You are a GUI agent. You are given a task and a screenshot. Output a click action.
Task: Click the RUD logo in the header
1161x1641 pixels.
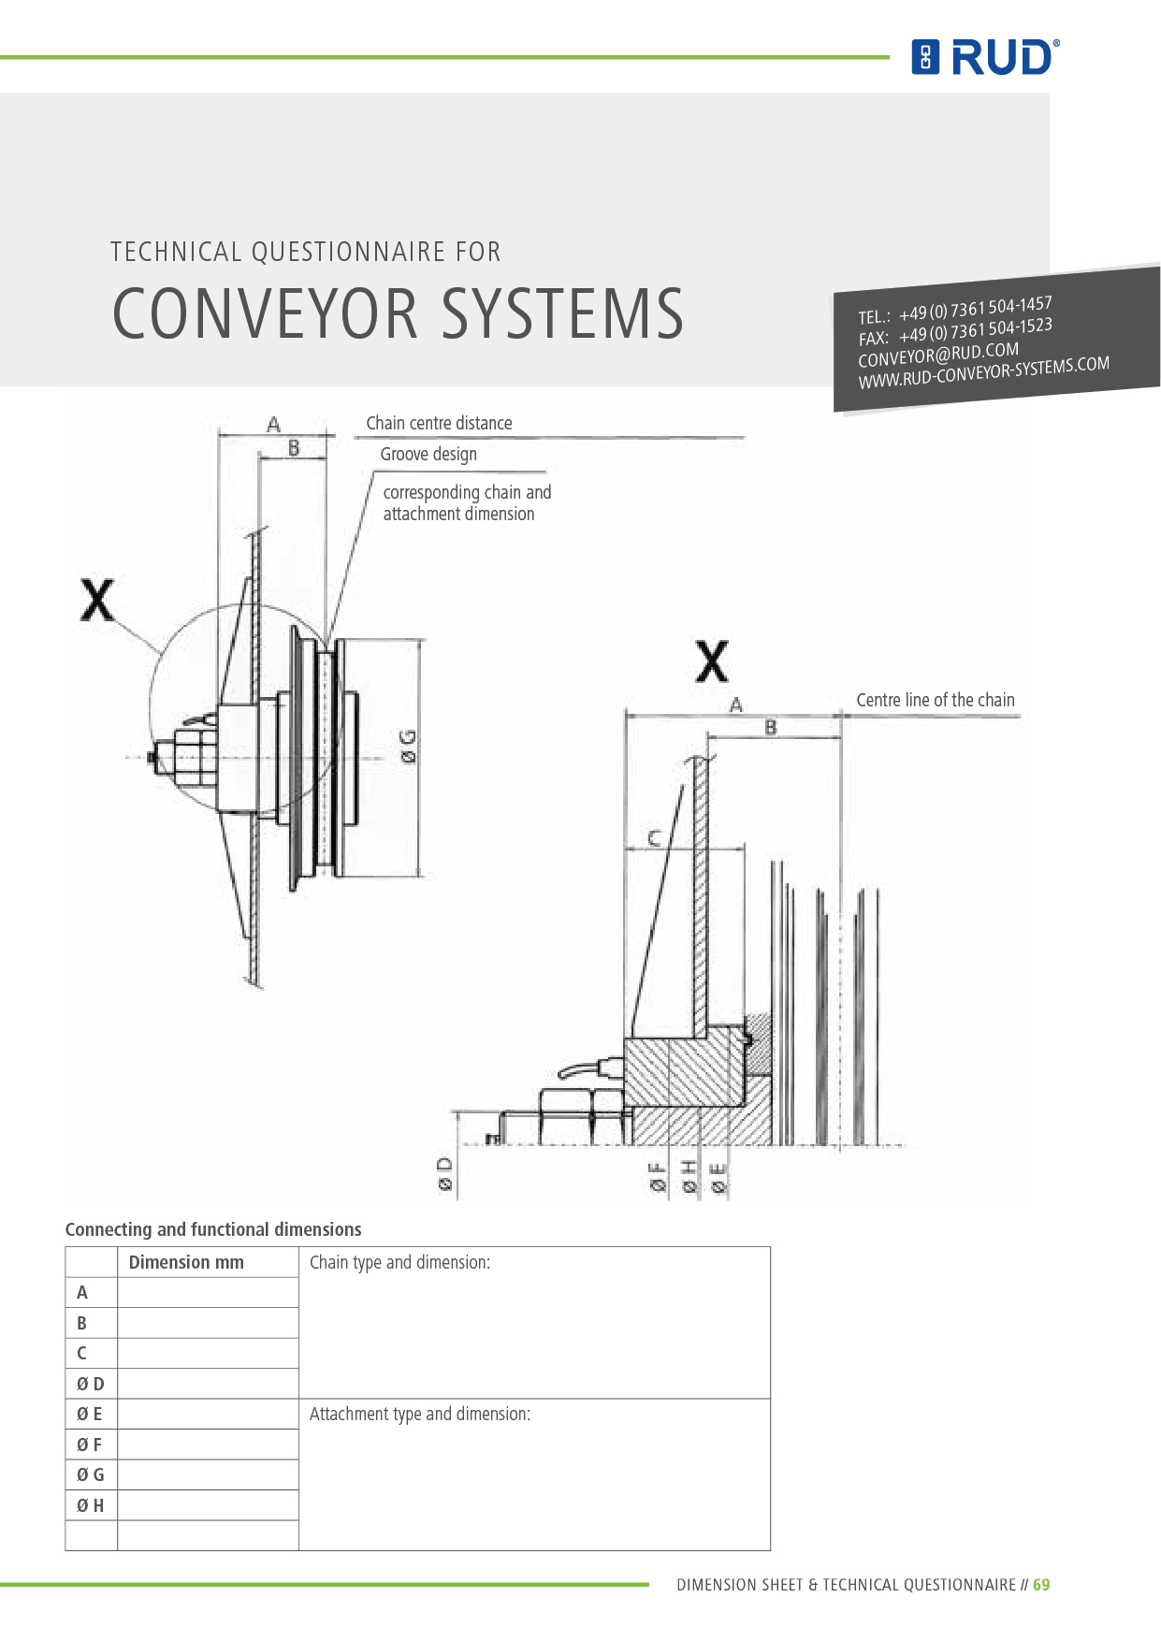985,57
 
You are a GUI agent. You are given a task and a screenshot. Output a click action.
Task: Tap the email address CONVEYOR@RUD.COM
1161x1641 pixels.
937,355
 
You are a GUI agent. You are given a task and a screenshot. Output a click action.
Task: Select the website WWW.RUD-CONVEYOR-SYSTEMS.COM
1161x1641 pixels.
983,372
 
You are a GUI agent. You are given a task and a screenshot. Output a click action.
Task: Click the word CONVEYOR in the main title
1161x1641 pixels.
266,313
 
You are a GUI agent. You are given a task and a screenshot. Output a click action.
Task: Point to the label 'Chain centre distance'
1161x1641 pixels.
439,423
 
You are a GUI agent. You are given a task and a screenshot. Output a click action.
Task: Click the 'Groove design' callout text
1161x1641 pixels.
428,454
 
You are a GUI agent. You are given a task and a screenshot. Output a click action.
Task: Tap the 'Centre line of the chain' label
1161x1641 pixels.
935,700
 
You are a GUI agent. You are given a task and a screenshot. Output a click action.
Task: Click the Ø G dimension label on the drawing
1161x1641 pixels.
409,748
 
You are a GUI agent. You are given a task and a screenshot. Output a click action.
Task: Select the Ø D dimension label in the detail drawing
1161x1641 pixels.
445,1174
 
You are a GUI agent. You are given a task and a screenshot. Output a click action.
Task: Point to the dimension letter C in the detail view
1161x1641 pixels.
654,837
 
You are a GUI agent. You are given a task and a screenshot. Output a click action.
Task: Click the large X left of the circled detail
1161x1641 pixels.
97,601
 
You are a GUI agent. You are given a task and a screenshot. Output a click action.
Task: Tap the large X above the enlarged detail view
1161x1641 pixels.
712,662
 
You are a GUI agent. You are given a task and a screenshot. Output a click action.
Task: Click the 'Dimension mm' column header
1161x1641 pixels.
186,1262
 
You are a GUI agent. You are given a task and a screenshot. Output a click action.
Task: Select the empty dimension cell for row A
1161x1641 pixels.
208,1293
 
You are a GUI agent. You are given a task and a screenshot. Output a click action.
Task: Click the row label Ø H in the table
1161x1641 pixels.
91,1505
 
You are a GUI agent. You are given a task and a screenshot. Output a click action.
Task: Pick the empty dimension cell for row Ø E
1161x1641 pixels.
208,1414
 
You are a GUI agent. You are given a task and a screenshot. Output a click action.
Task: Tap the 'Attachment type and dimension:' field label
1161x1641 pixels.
419,1414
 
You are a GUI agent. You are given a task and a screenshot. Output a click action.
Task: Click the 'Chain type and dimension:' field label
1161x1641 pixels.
399,1262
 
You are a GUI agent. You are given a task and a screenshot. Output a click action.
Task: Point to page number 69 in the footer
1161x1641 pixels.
1041,1585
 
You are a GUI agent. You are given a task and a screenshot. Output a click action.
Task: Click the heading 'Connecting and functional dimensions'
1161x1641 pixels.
213,1229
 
